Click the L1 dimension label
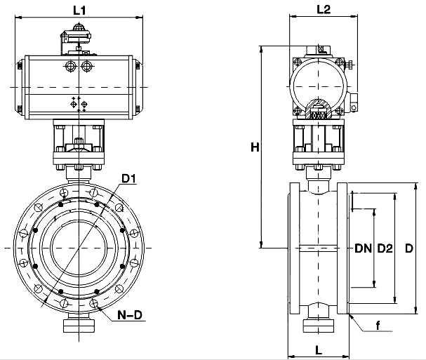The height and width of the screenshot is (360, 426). click(79, 10)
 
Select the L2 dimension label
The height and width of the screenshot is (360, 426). click(324, 9)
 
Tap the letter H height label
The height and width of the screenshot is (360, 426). click(255, 147)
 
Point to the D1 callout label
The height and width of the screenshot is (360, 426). click(128, 179)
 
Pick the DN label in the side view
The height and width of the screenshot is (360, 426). click(362, 248)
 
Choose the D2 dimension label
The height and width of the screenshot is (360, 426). click(384, 248)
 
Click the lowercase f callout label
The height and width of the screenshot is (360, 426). click(378, 325)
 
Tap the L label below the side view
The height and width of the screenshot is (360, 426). click(319, 349)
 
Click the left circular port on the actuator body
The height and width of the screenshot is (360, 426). click(70, 67)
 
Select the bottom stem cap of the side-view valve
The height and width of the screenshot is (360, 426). click(319, 326)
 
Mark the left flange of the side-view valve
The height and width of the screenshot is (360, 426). click(294, 248)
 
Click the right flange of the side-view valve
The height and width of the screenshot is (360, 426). click(342, 248)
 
